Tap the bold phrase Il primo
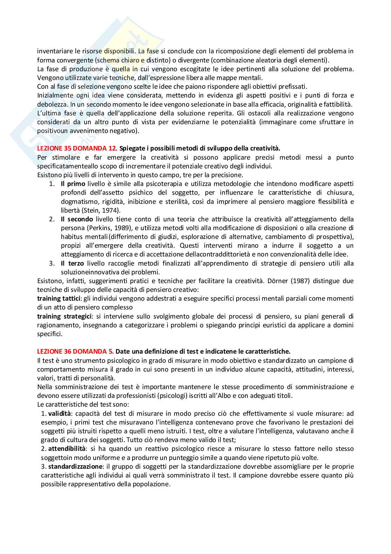(73, 183)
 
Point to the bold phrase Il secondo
(77, 219)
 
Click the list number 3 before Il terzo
(52, 263)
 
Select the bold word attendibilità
(67, 448)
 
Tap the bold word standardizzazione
(75, 466)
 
